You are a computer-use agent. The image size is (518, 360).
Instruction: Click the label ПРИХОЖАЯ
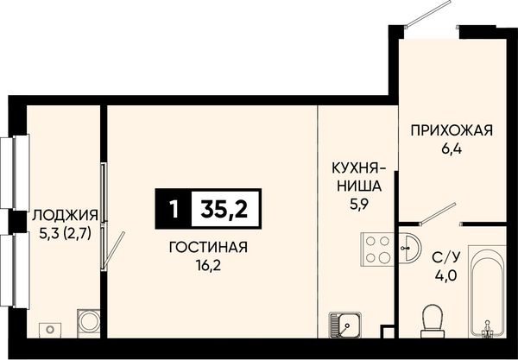[452, 130]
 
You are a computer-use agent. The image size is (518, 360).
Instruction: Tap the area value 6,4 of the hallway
[452, 149]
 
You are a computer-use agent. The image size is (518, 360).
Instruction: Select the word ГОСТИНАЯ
[208, 247]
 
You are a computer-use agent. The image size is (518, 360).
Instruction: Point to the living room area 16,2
[208, 265]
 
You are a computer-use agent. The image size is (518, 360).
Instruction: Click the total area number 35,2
[226, 209]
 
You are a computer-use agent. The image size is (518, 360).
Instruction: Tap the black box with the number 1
[174, 209]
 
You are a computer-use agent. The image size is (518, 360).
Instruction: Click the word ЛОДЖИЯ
[65, 216]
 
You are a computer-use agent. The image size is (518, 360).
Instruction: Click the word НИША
[359, 186]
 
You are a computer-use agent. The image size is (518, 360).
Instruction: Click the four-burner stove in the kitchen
[377, 249]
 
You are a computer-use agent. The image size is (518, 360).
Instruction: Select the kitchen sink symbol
[344, 325]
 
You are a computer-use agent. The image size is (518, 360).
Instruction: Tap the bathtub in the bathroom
[487, 292]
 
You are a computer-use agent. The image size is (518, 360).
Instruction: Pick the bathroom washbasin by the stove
[409, 249]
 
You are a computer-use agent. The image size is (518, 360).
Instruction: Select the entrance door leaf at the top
[429, 12]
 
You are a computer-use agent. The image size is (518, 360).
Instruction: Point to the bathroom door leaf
[439, 213]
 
